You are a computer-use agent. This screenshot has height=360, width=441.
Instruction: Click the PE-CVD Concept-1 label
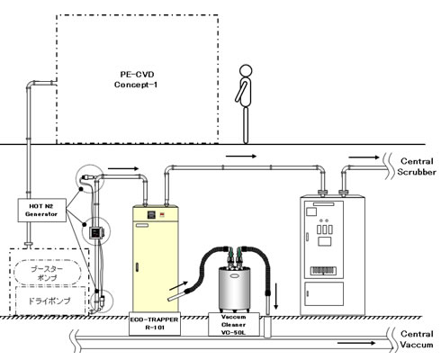click(x=136, y=79)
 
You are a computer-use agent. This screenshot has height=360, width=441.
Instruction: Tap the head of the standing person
click(x=246, y=71)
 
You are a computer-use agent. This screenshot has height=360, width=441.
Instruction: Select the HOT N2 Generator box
click(x=41, y=210)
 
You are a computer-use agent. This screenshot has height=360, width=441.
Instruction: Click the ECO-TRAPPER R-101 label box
click(x=155, y=324)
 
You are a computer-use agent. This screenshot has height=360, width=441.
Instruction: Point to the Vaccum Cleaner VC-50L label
click(x=234, y=325)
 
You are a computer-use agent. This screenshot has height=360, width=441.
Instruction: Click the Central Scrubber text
click(x=417, y=166)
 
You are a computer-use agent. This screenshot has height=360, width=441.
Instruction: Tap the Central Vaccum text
click(x=417, y=339)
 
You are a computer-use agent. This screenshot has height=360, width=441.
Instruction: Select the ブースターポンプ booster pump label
click(x=48, y=273)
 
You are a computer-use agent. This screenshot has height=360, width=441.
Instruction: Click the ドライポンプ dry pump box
click(x=50, y=301)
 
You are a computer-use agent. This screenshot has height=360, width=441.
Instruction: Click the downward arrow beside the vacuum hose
click(x=276, y=296)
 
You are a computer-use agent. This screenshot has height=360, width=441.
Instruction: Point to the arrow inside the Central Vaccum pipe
click(x=356, y=343)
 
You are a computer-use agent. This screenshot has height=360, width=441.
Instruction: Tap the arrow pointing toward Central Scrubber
click(x=364, y=157)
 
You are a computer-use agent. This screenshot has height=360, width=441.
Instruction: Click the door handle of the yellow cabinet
click(x=138, y=267)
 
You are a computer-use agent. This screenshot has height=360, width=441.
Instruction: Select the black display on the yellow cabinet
click(x=151, y=214)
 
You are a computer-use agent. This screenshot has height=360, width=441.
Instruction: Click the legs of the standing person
click(x=246, y=125)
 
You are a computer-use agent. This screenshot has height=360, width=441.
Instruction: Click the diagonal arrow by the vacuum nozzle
click(x=178, y=286)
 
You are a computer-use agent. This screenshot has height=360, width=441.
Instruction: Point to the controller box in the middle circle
click(x=96, y=232)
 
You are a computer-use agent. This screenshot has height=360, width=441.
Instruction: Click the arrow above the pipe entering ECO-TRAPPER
click(x=123, y=168)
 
